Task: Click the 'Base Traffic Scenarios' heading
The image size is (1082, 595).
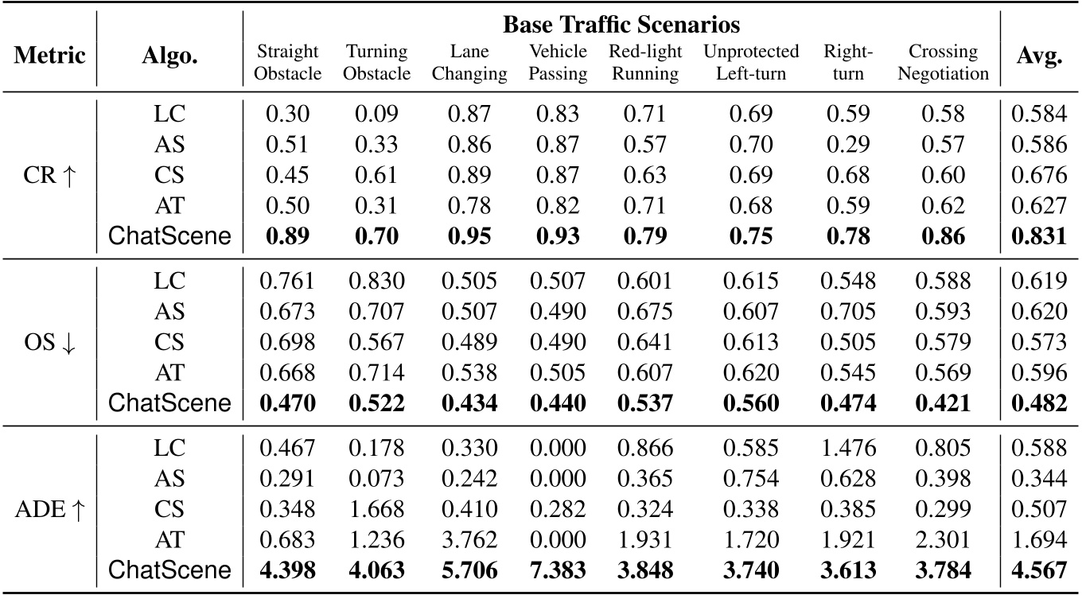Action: pos(621,25)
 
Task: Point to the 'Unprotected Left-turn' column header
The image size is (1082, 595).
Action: pos(750,62)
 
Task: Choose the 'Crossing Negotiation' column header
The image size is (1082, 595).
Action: pos(942,62)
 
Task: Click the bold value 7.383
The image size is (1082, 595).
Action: pos(557,570)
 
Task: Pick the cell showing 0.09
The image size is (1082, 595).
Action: pos(378,114)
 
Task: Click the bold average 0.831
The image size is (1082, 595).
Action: pos(1038,236)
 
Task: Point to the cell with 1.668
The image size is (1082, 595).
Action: pos(378,510)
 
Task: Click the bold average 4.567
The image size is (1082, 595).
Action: pos(1038,570)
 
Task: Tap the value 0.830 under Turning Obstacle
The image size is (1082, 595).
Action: pos(378,281)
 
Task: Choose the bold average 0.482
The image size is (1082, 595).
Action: pos(1038,403)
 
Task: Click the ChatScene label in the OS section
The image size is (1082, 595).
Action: pos(169,403)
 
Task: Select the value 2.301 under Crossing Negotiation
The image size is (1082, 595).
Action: pos(942,540)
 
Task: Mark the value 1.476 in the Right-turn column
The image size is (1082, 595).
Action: pos(848,449)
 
